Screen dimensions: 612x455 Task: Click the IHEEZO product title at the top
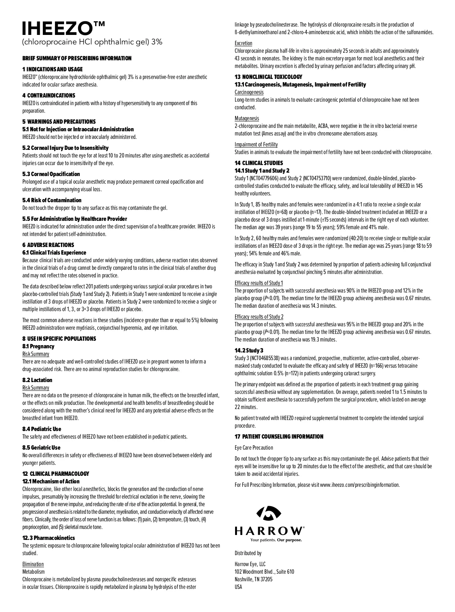(63, 28)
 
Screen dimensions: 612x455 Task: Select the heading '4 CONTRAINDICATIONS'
(49, 96)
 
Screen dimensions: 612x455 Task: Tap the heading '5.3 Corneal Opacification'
(51, 174)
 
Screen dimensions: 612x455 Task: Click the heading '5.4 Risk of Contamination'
(52, 200)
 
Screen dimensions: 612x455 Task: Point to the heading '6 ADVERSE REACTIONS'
(48, 245)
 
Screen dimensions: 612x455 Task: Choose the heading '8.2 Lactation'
(37, 380)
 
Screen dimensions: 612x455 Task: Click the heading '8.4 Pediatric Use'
(42, 429)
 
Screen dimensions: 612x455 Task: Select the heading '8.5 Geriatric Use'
(41, 448)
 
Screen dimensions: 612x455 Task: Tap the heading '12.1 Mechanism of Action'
(51, 481)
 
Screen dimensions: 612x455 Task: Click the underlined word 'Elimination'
(33, 564)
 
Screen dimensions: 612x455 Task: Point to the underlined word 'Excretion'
(243, 43)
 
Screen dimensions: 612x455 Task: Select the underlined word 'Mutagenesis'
(247, 118)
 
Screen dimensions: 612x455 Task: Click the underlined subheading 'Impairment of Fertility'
(256, 145)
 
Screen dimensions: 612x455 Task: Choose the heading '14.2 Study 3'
(249, 350)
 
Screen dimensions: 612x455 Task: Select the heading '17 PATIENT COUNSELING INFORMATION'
(279, 437)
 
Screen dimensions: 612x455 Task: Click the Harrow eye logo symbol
(269, 514)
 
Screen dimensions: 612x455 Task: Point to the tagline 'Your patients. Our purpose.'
(276, 540)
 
